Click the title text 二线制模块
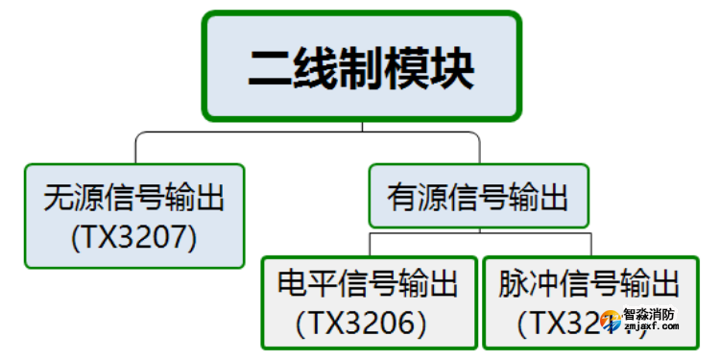point(361,68)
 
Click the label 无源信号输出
point(133,199)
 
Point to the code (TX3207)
point(133,236)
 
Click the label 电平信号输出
point(368,284)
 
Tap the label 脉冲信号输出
point(589,284)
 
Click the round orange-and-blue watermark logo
point(609,320)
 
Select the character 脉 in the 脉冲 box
point(513,284)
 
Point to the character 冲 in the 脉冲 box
point(543,284)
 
